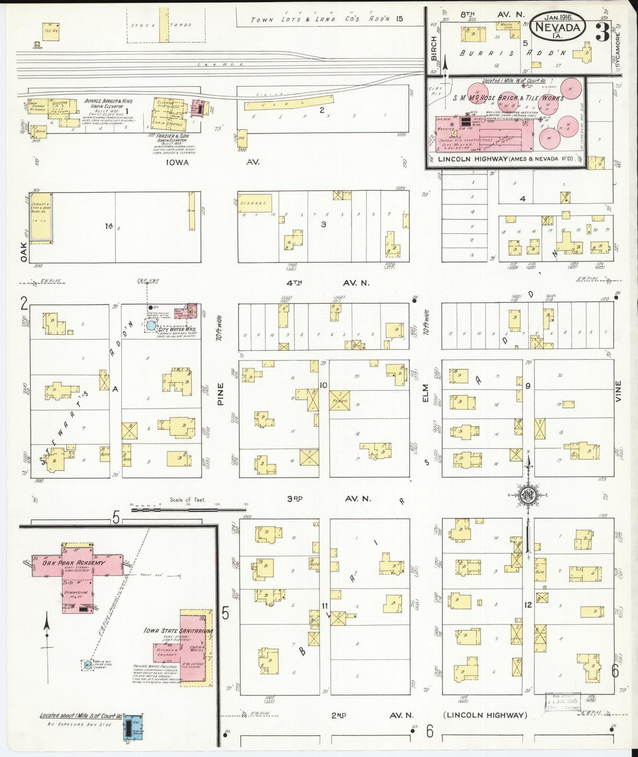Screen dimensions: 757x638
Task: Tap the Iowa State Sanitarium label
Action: [178, 631]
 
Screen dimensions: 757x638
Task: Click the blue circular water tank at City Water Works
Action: [151, 326]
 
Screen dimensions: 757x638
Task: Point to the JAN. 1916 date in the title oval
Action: [559, 18]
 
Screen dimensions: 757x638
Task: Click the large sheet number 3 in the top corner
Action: [602, 32]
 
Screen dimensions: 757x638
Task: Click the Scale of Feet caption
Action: [188, 500]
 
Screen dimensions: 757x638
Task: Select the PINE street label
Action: [221, 394]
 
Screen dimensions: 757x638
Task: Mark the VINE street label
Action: [618, 391]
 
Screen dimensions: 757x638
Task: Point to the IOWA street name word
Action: [177, 162]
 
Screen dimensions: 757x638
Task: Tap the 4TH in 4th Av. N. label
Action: [296, 283]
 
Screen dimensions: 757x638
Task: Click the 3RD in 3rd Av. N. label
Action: [295, 499]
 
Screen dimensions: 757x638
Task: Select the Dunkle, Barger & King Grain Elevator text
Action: [109, 103]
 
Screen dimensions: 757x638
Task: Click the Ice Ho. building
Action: [51, 31]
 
